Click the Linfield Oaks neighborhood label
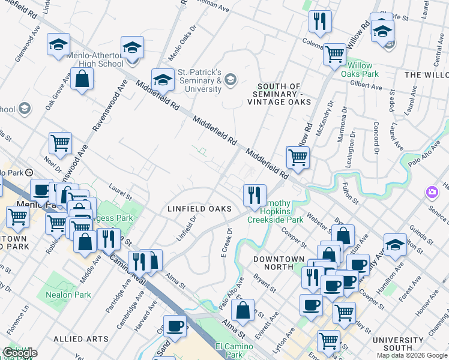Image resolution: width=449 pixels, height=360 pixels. click(199, 208)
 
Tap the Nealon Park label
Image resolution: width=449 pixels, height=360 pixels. click(68, 295)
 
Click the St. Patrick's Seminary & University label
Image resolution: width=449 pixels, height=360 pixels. click(200, 80)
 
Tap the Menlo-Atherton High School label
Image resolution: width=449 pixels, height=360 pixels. click(95, 59)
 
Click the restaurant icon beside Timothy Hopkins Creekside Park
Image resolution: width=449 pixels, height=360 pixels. click(255, 194)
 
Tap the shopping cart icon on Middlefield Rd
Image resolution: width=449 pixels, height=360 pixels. click(298, 157)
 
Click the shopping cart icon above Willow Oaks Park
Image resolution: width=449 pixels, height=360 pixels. click(335, 54)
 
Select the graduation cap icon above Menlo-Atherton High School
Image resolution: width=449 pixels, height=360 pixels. click(133, 47)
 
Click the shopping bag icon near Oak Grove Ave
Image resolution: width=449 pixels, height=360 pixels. click(82, 78)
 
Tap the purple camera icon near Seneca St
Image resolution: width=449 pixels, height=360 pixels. click(432, 192)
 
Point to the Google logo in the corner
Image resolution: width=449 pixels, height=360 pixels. click(20, 353)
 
